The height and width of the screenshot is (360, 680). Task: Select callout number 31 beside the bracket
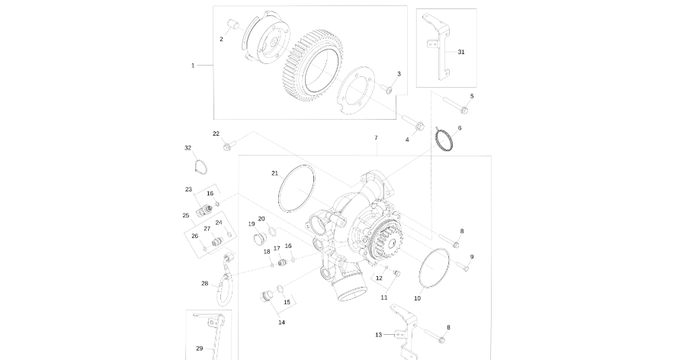tap(460, 52)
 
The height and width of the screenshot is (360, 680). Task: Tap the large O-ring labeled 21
tap(297, 190)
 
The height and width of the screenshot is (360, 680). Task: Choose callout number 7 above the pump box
tap(376, 138)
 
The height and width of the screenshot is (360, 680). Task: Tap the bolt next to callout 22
tap(228, 145)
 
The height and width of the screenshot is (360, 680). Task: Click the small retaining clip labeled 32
tap(199, 166)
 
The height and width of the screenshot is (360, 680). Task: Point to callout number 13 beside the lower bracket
tap(378, 335)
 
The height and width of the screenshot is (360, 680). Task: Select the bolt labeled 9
tap(462, 267)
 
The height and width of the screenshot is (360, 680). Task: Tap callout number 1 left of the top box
tap(193, 66)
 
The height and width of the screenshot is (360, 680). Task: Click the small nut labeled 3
tap(387, 90)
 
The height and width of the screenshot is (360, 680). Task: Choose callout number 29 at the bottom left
tap(199, 349)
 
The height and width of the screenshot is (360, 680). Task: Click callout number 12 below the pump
tap(378, 278)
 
